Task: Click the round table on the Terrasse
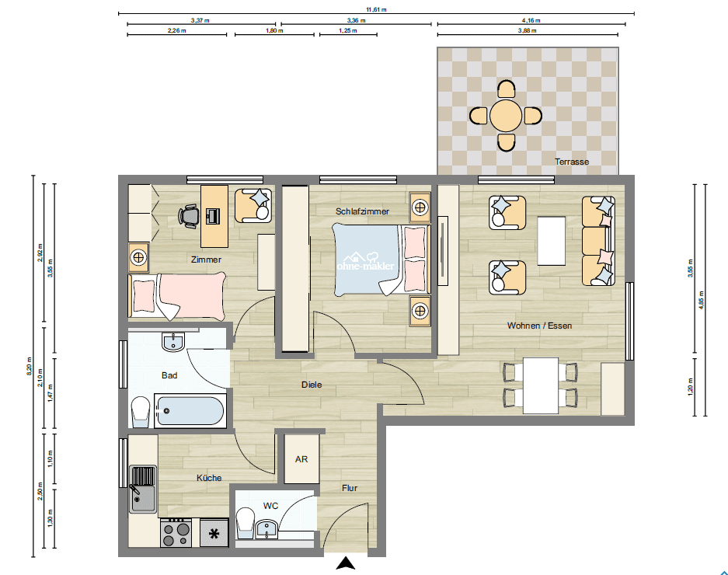pos(506,116)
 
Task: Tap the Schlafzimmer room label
pos(362,211)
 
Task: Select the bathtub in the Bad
pos(190,410)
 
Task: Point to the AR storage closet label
pos(301,459)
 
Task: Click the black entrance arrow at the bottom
pos(346,565)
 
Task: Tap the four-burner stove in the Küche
pos(176,534)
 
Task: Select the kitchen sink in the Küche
pos(142,490)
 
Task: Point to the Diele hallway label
pos(312,385)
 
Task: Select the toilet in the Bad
pos(140,411)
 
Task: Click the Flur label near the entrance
pos(350,488)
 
